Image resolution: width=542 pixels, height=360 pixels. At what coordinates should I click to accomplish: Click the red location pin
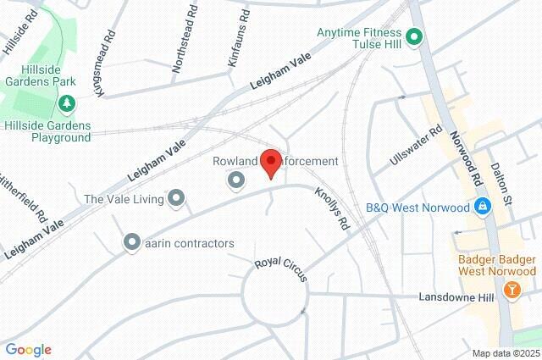270,162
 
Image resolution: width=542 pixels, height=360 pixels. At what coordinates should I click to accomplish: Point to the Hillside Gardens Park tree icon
66,104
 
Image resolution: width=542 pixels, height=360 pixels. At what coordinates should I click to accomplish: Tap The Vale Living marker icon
176,199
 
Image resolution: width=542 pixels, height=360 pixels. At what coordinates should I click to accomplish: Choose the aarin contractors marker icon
131,243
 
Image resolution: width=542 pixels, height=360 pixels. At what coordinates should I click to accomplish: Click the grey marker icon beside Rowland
235,180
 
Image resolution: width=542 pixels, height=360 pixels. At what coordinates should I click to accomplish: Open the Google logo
28,350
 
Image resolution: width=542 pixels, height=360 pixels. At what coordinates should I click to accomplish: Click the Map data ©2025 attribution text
506,353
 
